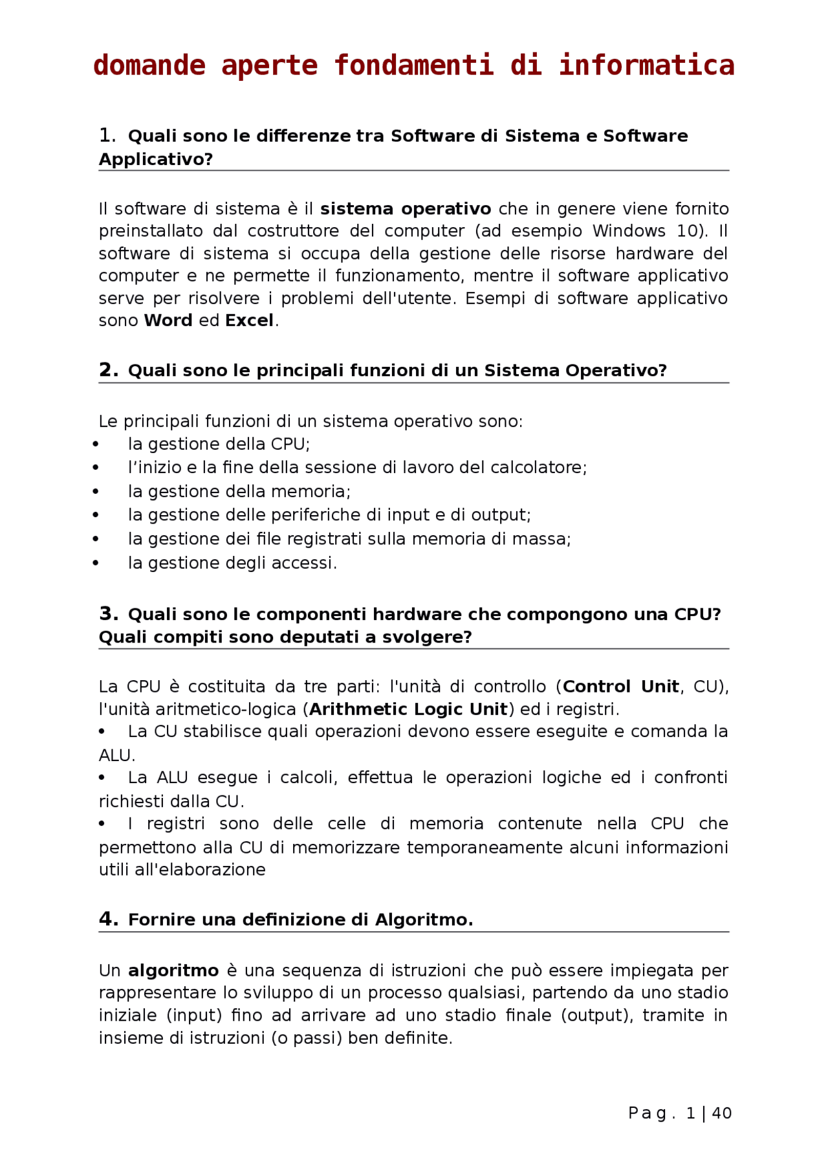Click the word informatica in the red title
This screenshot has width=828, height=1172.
point(646,65)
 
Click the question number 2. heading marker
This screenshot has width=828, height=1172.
point(108,370)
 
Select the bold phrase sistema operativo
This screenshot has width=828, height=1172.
point(406,209)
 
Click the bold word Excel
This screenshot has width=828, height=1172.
point(249,320)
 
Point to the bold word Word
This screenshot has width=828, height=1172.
point(168,320)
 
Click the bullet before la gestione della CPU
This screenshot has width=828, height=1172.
point(96,444)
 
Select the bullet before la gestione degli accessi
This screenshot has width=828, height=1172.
point(96,563)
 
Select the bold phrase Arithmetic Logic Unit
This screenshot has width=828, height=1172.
point(408,709)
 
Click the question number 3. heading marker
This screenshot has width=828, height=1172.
point(108,614)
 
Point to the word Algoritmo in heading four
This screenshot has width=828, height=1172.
point(424,920)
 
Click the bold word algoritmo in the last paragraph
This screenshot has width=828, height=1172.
point(173,971)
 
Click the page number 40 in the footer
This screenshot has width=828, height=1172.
point(721,1113)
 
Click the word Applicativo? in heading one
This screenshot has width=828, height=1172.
point(155,159)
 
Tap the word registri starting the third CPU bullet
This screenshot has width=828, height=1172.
point(175,824)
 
